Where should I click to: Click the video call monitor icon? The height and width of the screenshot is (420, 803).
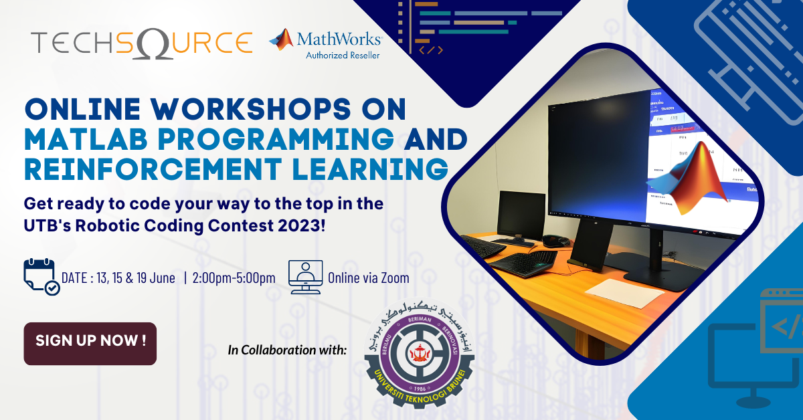point(305,277)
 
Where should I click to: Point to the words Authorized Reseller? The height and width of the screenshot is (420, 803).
point(342,55)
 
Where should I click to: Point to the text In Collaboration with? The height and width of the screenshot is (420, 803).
point(287,349)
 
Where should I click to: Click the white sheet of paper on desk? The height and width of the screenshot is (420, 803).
point(616,292)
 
